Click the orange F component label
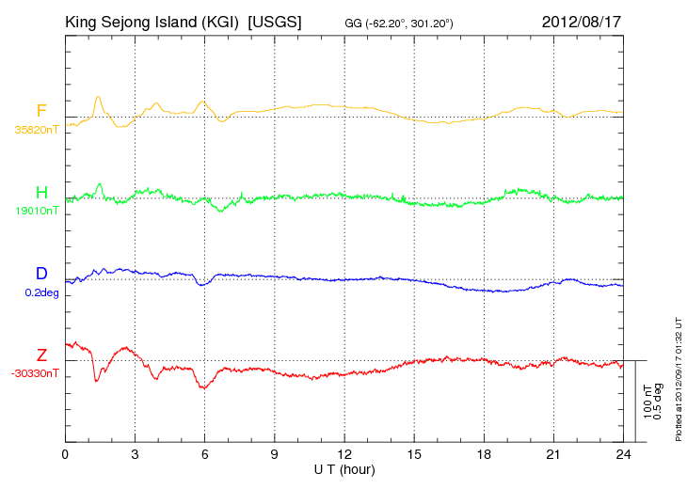[41, 111]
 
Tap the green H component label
[41, 193]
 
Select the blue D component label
[41, 274]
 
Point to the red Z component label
[41, 355]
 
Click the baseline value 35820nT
[37, 130]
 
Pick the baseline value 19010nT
[37, 211]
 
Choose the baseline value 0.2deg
[41, 292]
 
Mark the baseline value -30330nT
[35, 374]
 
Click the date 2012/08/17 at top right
[582, 22]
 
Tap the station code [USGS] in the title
[275, 22]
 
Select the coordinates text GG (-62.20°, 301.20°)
[399, 24]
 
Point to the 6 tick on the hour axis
[204, 455]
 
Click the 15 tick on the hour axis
[414, 455]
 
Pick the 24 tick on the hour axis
[623, 455]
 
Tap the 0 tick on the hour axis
[65, 455]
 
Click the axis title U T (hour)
[344, 470]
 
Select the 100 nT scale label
[647, 402]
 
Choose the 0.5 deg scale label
[658, 402]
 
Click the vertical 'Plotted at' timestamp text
[679, 379]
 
